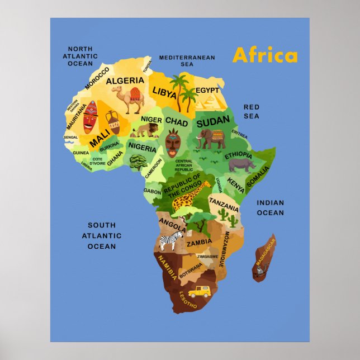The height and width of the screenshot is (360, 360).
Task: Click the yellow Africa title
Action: [x=265, y=55]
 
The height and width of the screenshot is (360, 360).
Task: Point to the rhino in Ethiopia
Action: [x=242, y=164]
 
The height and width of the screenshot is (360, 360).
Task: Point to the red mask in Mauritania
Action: [x=90, y=116]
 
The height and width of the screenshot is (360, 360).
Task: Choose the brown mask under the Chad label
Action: [x=172, y=143]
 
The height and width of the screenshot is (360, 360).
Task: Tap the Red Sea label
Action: [x=252, y=111]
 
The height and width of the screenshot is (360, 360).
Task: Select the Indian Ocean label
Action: [x=271, y=207]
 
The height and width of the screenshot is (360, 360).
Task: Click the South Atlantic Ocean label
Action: [x=102, y=235]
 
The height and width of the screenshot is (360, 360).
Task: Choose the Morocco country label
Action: [x=97, y=78]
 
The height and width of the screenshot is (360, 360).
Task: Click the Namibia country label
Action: [x=168, y=267]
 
